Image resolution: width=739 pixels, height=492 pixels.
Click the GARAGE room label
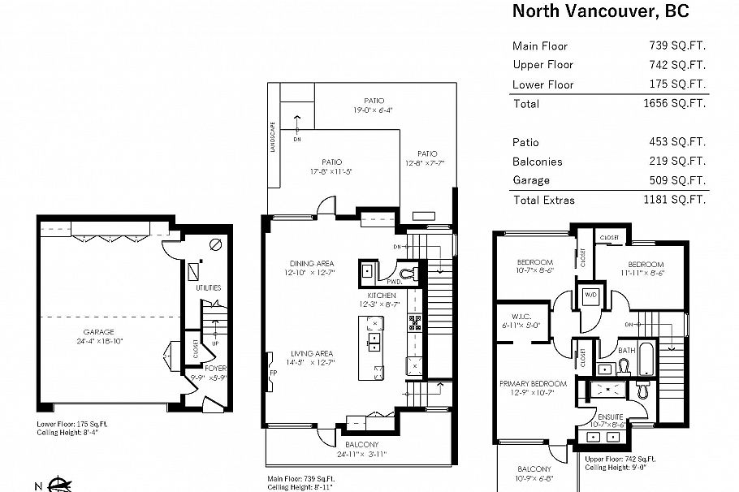[x=98, y=331]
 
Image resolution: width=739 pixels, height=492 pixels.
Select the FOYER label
[x=216, y=368]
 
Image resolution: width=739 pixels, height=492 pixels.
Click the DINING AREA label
[x=312, y=263]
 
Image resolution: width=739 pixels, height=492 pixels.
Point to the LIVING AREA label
[x=312, y=353]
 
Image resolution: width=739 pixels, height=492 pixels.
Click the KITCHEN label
[x=381, y=295]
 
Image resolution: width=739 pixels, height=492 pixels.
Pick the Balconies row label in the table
[x=537, y=162]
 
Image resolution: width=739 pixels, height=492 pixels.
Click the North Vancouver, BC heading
[x=600, y=12]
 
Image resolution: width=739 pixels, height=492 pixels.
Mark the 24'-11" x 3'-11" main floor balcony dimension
[x=361, y=454]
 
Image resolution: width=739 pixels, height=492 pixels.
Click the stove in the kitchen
[x=414, y=322]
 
